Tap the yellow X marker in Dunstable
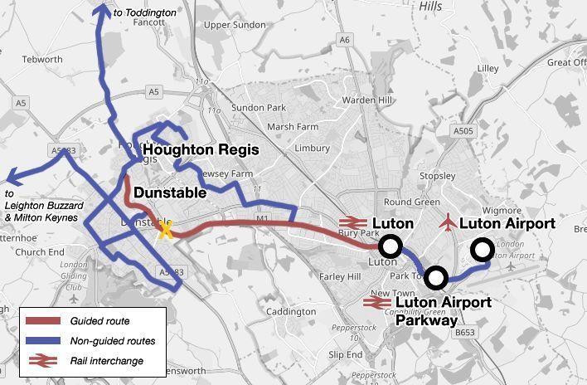[x=166, y=230]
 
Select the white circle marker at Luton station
[x=391, y=246]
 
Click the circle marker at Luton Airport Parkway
[x=436, y=278]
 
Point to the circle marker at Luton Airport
[x=483, y=249]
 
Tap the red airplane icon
[x=449, y=222]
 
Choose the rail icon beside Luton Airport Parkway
[x=377, y=303]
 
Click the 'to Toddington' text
[x=145, y=13]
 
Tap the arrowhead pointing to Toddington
[x=103, y=8]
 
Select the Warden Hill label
[x=366, y=100]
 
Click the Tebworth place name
[x=42, y=60]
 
